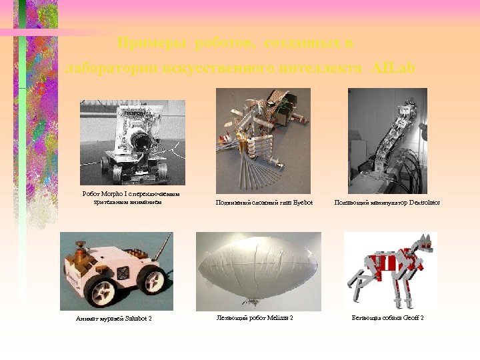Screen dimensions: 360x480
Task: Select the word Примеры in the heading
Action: (153, 43)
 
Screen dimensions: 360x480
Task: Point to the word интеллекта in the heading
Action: (320, 68)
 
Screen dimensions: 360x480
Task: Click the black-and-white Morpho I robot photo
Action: (133, 142)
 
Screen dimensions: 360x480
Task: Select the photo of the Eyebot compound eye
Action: (263, 141)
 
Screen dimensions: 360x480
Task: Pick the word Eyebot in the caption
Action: (303, 202)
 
